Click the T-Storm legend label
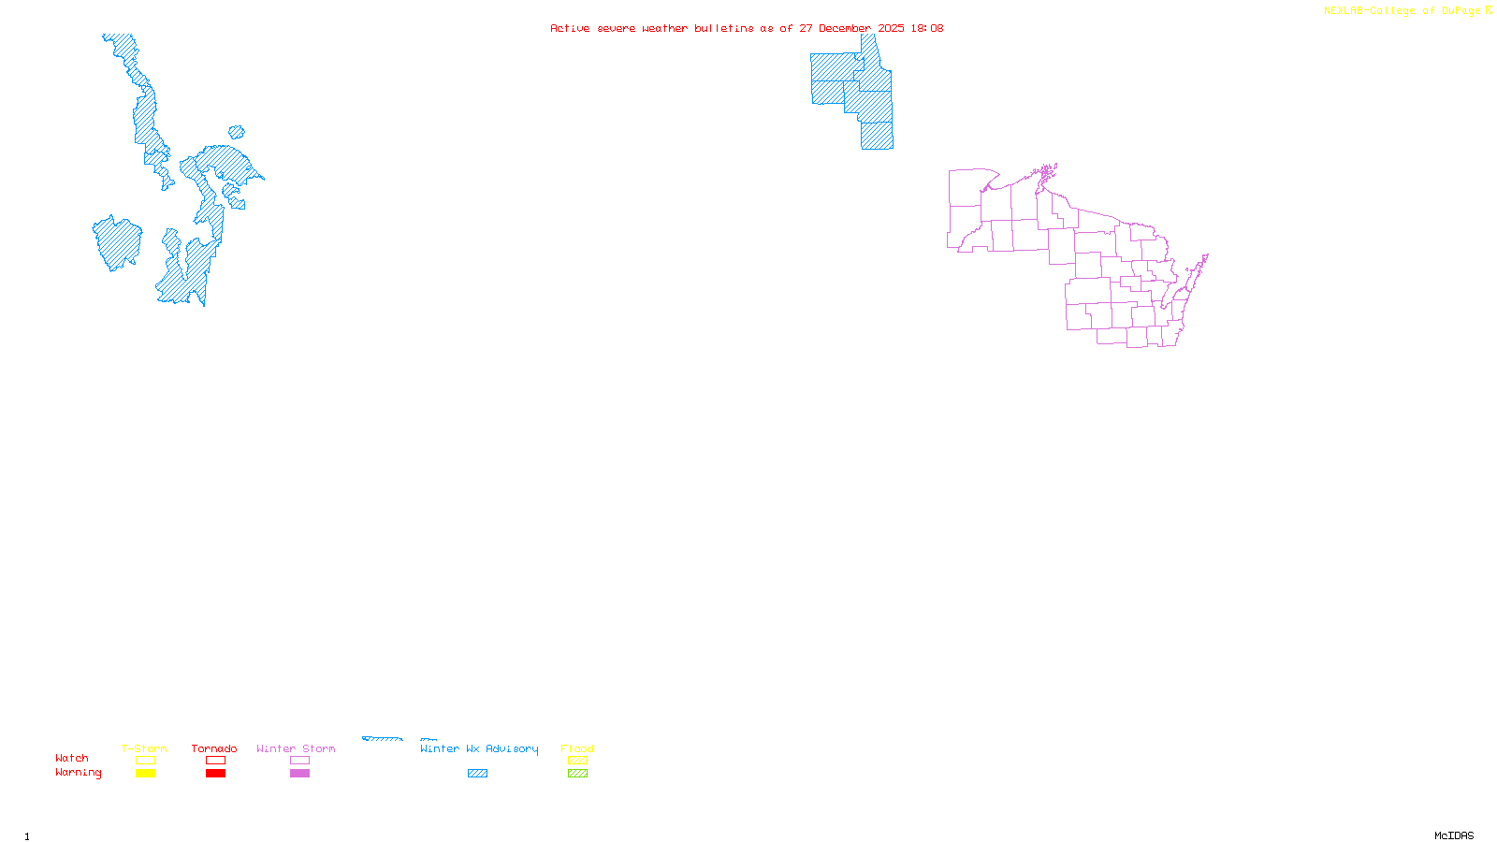coord(144,748)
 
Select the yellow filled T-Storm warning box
coord(145,774)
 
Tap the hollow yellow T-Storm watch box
coord(145,761)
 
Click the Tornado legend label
coord(214,748)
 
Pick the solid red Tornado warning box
coord(215,774)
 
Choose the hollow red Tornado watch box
coord(215,761)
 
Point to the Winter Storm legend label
coord(296,748)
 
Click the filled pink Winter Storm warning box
coord(299,774)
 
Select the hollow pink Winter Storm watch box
coord(299,761)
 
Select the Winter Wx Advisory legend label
coord(479,748)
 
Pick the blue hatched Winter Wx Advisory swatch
coord(477,774)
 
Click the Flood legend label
coord(577,748)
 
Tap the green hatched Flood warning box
coord(577,774)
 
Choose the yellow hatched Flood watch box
coord(577,761)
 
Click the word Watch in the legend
coord(72,759)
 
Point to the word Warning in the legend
coord(79,773)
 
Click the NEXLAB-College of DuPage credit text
coord(1403,11)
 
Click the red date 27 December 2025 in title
coord(851,28)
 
